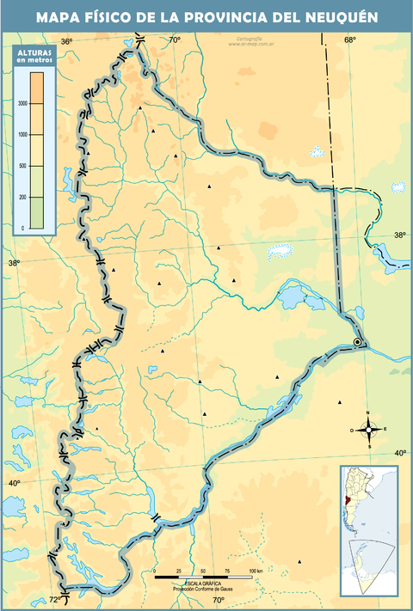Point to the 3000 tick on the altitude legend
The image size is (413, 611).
[23, 103]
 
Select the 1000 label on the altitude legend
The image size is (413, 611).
[23, 135]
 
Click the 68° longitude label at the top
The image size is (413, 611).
[351, 40]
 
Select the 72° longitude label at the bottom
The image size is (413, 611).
[55, 599]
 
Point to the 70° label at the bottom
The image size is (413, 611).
[219, 600]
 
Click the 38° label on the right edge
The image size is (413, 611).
[401, 235]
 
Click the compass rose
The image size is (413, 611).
[369, 429]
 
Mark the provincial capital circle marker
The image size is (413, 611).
[357, 344]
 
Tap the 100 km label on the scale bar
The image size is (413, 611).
[256, 571]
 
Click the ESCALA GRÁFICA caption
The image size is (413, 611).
[194, 584]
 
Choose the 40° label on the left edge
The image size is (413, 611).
[15, 484]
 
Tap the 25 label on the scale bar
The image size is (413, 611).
[179, 571]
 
